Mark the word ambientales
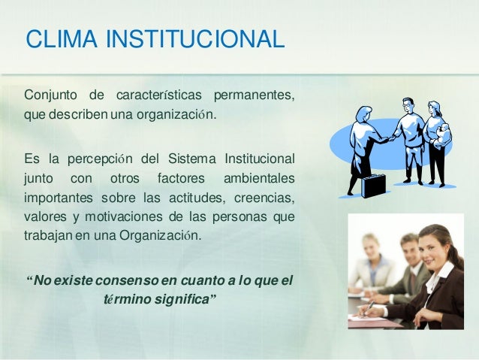coord(259,179)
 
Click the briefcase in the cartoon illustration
coord(372,185)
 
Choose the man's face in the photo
coord(408,252)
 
